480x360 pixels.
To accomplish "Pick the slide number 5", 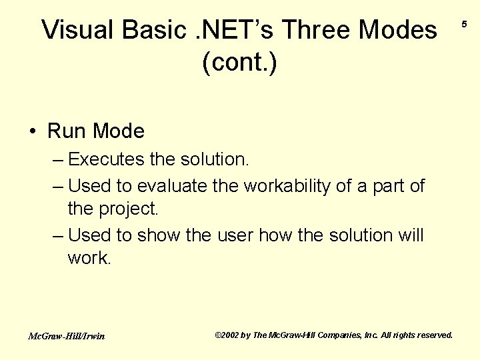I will (x=464, y=25).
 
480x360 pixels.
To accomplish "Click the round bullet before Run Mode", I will (x=33, y=131).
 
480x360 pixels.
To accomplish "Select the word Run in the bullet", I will (x=66, y=131).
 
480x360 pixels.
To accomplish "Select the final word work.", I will (x=89, y=258).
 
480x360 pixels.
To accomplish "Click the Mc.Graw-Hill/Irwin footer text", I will (x=66, y=336).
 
